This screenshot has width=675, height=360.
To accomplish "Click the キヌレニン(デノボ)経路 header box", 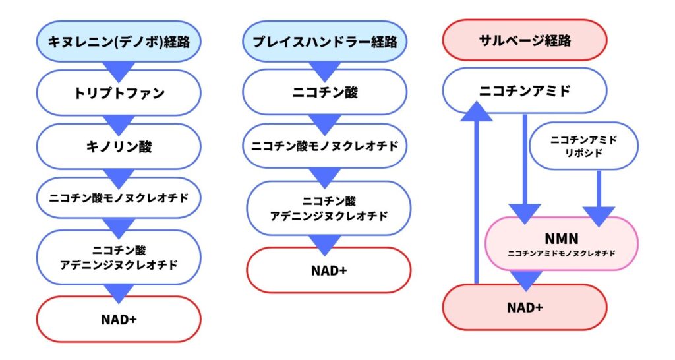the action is pyautogui.click(x=119, y=42).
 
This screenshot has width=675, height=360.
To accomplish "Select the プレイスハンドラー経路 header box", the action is pyautogui.click(x=324, y=42).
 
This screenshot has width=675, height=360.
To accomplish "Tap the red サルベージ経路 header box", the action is pyautogui.click(x=525, y=40).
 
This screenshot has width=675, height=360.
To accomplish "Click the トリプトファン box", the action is pyautogui.click(x=119, y=92).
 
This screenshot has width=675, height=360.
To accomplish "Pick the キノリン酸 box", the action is pyautogui.click(x=119, y=146).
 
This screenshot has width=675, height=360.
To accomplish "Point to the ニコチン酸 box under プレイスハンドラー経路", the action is pyautogui.click(x=324, y=92).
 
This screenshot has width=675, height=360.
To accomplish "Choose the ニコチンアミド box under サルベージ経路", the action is pyautogui.click(x=525, y=90).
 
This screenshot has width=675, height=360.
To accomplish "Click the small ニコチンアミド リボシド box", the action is pyautogui.click(x=583, y=146).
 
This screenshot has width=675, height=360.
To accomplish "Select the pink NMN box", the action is pyautogui.click(x=562, y=244).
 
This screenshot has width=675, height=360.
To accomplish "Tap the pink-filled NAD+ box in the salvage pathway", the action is pyautogui.click(x=525, y=307).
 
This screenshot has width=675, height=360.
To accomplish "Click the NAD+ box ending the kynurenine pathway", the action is pyautogui.click(x=119, y=319).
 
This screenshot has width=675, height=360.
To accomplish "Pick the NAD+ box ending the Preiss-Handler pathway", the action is pyautogui.click(x=329, y=270).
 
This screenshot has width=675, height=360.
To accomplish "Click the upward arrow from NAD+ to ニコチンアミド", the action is pyautogui.click(x=477, y=193).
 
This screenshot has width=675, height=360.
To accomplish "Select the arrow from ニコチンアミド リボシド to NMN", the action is pyautogui.click(x=599, y=198).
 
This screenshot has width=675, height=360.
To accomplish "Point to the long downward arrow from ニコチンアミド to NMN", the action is pyautogui.click(x=525, y=169).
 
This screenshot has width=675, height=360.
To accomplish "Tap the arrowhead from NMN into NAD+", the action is pyautogui.click(x=525, y=281).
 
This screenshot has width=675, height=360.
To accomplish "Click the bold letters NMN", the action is pyautogui.click(x=562, y=238).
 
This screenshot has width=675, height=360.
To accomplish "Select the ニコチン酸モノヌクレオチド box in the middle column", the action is pyautogui.click(x=324, y=146).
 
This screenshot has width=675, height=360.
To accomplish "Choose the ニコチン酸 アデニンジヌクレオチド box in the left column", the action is pyautogui.click(x=119, y=258).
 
